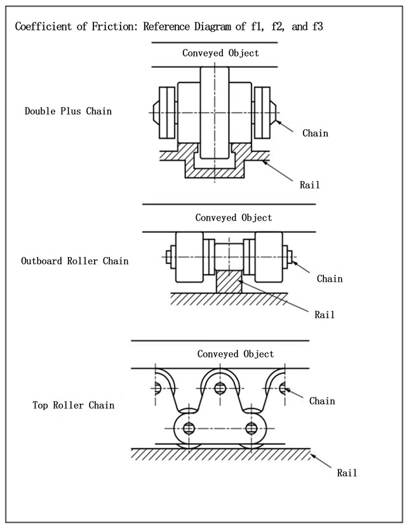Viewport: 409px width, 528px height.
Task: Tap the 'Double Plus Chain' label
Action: pos(68,111)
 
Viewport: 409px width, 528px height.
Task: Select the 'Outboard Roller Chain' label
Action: pos(74,261)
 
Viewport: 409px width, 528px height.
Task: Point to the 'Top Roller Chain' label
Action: pos(74,405)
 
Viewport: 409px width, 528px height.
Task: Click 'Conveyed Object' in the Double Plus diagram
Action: pos(220,53)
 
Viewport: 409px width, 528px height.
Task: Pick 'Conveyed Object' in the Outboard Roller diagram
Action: pos(233,218)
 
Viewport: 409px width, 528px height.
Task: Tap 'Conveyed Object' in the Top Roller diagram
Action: pos(236,354)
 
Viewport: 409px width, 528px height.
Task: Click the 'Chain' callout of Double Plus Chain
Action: pos(315,133)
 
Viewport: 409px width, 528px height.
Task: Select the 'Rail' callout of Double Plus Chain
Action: pos(310,185)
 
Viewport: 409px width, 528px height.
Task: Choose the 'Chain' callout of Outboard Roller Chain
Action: pos(329,279)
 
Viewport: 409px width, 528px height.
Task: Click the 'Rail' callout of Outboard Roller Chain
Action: pos(324,314)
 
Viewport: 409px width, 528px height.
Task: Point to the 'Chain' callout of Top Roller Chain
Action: pos(322,401)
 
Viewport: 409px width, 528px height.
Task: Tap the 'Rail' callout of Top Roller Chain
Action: pos(347,473)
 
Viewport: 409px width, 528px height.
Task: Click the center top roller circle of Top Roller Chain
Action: pos(220,388)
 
